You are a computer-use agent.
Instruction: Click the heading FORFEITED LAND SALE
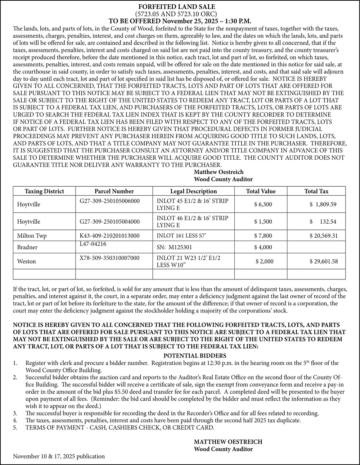point(177,7)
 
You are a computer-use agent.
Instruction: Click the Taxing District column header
point(44,191)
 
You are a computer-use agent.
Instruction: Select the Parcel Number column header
point(114,191)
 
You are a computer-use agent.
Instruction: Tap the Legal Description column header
point(193,191)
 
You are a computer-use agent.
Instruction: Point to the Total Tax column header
point(316,191)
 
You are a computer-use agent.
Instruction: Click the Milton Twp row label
point(32,236)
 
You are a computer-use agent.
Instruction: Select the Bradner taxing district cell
point(27,247)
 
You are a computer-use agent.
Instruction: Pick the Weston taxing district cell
point(27,261)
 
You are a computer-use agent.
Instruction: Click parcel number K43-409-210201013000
point(109,236)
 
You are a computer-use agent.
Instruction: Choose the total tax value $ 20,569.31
point(324,236)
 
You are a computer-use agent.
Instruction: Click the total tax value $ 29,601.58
point(324,261)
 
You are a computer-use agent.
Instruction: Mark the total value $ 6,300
point(263,204)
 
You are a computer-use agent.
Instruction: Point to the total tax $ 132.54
point(323,222)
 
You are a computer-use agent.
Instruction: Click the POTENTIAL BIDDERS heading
point(197,356)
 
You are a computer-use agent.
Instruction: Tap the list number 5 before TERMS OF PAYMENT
point(15,428)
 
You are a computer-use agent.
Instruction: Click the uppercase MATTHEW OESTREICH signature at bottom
point(228,442)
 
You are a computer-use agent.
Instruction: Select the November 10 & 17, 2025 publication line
point(59,456)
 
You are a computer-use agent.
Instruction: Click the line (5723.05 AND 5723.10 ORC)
point(176,14)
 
